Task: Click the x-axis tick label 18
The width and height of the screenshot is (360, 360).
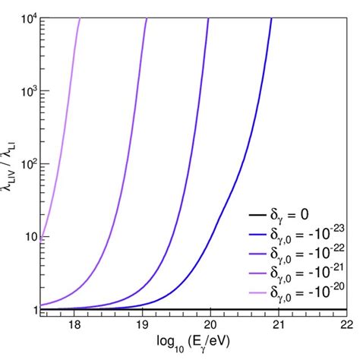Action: [x=74, y=323]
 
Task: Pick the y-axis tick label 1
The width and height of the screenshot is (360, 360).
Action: [x=30, y=310]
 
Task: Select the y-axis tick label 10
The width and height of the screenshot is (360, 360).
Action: [x=27, y=237]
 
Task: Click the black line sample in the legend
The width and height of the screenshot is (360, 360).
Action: [x=237, y=216]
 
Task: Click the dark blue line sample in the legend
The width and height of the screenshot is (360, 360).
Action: [x=237, y=235]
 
